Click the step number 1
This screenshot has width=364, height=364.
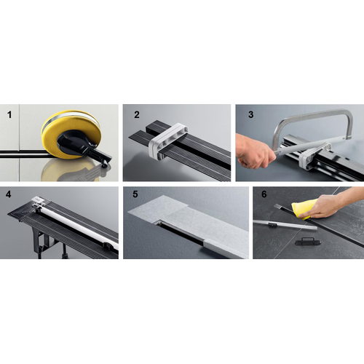[9, 114]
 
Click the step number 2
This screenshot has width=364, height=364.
[137, 114]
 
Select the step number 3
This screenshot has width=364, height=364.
[251, 114]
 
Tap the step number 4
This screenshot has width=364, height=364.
[9, 194]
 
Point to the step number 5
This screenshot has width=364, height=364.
[135, 194]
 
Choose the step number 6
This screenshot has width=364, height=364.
[264, 194]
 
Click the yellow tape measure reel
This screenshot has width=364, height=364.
[71, 134]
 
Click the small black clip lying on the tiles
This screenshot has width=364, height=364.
[304, 242]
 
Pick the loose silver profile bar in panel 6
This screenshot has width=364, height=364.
[285, 225]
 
